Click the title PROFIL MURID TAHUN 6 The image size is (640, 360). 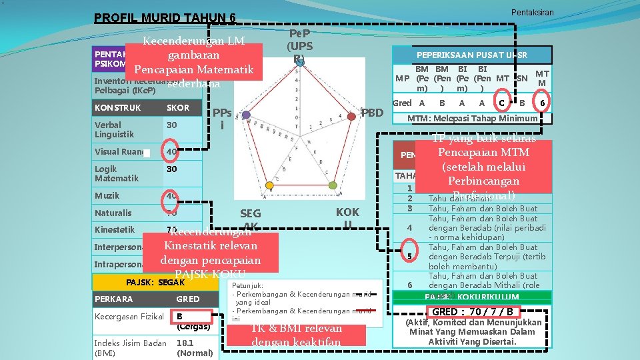[x=165, y=18]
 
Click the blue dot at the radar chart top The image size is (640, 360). [x=301, y=62]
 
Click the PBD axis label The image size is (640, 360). [x=371, y=113]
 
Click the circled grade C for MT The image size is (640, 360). [x=501, y=103]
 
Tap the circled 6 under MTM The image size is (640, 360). [x=543, y=103]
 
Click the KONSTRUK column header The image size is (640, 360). [x=118, y=107]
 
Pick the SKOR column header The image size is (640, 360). [x=178, y=107]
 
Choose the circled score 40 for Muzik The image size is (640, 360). [x=172, y=196]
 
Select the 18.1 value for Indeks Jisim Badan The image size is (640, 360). [x=185, y=343]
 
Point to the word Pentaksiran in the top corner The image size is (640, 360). [x=532, y=12]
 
